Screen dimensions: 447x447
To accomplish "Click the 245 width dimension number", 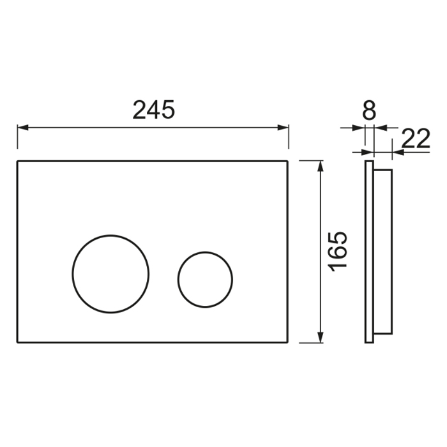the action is tap(153, 110).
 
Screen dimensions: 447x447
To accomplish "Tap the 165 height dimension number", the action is tap(338, 251).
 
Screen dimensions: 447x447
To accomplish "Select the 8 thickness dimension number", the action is tap(369, 110).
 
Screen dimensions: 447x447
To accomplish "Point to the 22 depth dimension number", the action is tap(415, 139).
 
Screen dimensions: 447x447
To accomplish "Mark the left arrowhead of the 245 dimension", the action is tap(23, 128).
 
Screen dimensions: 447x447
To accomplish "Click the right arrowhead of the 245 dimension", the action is tap(283, 128).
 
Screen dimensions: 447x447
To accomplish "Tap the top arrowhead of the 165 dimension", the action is tap(321, 167).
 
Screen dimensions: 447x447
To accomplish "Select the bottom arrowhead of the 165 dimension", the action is tap(321, 337).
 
